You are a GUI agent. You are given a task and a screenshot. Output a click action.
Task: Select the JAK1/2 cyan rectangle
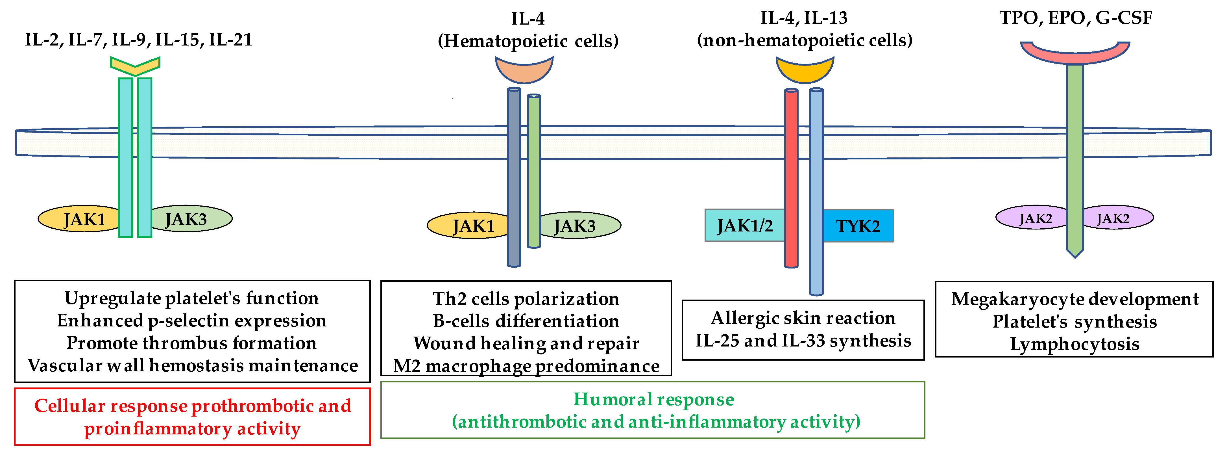(744, 226)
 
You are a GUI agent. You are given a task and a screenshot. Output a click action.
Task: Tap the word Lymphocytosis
(1075, 344)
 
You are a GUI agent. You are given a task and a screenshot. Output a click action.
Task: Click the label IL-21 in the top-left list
(230, 40)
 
